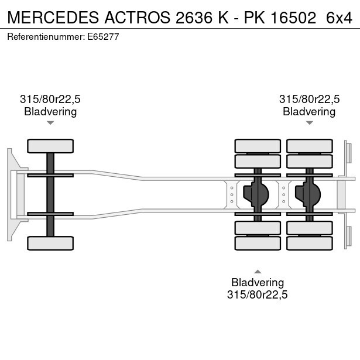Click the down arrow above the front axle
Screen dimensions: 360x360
(50, 123)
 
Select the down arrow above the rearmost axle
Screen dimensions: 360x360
(309, 123)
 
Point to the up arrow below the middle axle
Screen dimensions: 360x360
(258, 270)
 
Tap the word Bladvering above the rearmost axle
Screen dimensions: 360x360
(309, 111)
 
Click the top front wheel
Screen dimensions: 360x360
(50, 146)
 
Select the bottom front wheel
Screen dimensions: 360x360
(50, 243)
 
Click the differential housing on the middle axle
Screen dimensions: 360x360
(258, 194)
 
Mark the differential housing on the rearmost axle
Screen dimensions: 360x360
(309, 194)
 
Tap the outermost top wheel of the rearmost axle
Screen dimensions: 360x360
(309, 146)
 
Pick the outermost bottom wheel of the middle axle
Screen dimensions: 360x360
(258, 243)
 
